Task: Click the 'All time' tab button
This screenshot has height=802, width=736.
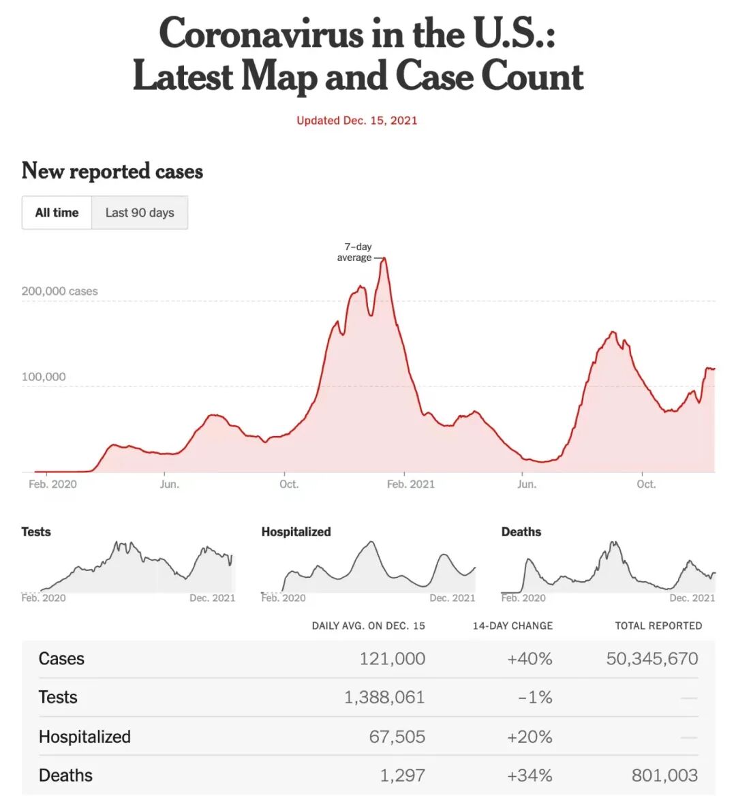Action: coord(57,213)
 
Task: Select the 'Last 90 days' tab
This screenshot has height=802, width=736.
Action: coord(140,213)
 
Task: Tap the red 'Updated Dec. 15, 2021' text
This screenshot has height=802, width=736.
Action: coord(356,121)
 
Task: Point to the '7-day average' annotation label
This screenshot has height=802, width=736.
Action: coord(355,252)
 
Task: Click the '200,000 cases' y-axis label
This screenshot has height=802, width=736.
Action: coord(59,291)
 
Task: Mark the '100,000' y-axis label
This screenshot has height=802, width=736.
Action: coord(44,377)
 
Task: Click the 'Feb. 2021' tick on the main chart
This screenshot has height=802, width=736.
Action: coord(410,484)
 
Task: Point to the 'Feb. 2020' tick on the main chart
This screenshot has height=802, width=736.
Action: coord(52,484)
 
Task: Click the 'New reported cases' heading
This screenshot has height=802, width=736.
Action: coord(112,170)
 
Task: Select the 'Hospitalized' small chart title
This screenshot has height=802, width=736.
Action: coord(296,531)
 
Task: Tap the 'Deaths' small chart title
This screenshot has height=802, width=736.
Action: coord(521,531)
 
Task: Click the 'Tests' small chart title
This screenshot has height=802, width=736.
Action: coord(36,531)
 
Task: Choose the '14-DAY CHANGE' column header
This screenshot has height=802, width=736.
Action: coord(512,626)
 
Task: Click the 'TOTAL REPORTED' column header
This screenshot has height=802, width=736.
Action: coord(658,626)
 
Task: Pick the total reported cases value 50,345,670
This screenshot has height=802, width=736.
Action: coord(652,658)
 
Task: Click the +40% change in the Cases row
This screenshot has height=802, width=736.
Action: coord(530,658)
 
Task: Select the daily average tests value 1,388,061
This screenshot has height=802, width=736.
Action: coord(384,697)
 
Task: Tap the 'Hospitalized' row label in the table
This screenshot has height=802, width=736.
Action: coord(85,737)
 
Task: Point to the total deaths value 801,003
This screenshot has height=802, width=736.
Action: coord(664,775)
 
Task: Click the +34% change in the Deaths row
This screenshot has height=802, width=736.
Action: coord(530,775)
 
